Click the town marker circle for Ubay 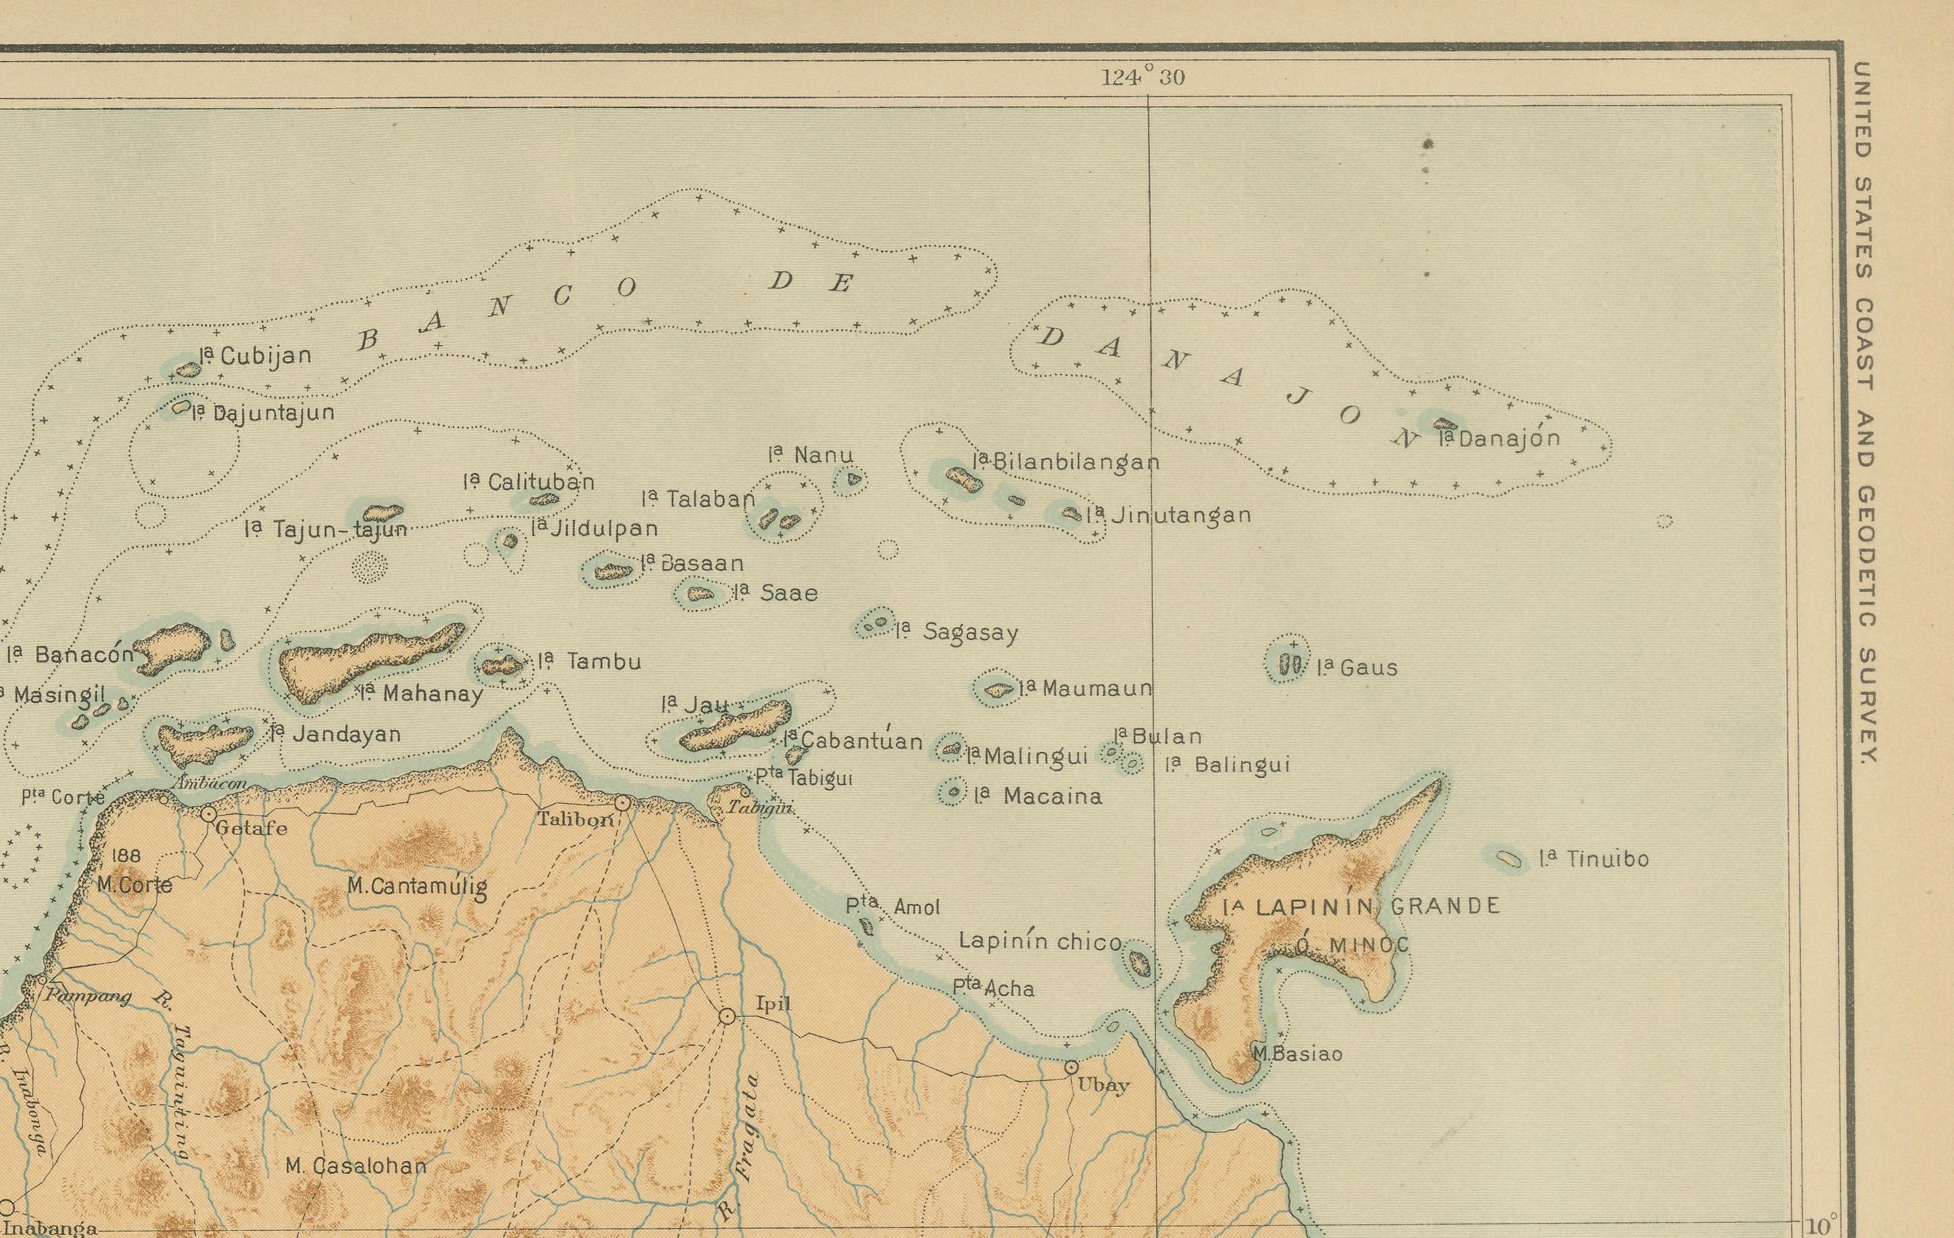tap(1071, 1067)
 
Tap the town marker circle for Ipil tap(727, 1016)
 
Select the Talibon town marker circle tap(623, 803)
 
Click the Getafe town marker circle tap(209, 813)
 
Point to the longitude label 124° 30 tap(1142, 78)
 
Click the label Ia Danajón tap(1498, 439)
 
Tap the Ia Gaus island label tap(1357, 668)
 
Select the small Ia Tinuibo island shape tap(1508, 858)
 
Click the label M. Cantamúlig tap(417, 887)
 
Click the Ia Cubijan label tap(255, 356)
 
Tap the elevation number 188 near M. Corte tap(127, 855)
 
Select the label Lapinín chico tap(1040, 941)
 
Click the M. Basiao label tap(1297, 1054)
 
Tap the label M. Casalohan tap(356, 1166)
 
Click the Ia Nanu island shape tap(852, 479)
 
